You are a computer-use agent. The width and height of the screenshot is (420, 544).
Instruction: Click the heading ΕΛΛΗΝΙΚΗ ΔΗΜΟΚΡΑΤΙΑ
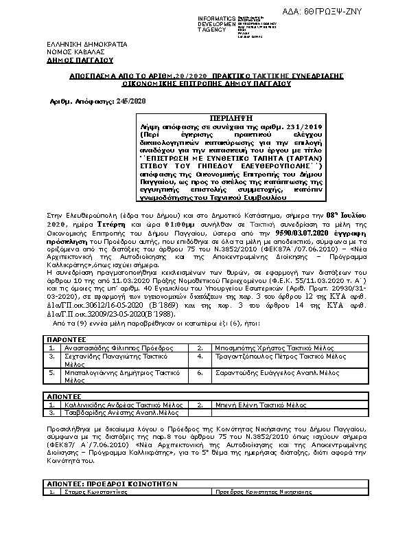click(x=82, y=44)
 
